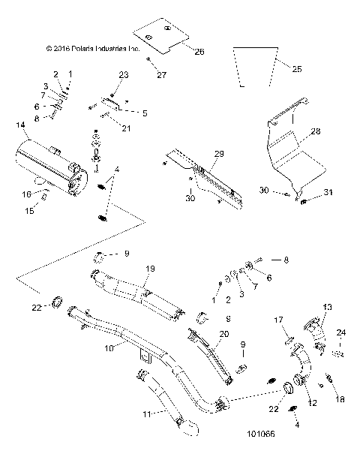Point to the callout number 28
316,131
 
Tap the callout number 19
150,269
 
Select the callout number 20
223,335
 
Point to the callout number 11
148,413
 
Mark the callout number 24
342,332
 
